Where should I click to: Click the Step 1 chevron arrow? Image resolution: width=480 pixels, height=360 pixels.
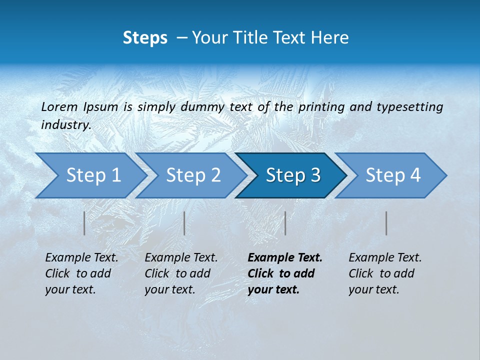pyautogui.click(x=90, y=175)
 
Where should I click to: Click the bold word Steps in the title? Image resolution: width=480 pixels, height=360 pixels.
pyautogui.click(x=145, y=37)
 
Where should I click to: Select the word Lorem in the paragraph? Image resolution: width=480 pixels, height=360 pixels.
pyautogui.click(x=59, y=106)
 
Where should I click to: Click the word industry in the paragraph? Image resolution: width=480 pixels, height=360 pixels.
pyautogui.click(x=65, y=125)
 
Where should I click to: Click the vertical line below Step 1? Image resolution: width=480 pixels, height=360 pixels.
pyautogui.click(x=84, y=223)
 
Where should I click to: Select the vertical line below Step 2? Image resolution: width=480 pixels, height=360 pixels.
pyautogui.click(x=184, y=223)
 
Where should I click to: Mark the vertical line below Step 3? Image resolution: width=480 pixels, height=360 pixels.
pyautogui.click(x=285, y=223)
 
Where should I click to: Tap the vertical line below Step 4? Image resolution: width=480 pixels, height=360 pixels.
pyautogui.click(x=386, y=223)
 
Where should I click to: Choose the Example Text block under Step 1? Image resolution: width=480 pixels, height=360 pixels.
pyautogui.click(x=81, y=273)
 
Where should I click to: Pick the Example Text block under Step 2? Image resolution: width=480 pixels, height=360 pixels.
pyautogui.click(x=181, y=273)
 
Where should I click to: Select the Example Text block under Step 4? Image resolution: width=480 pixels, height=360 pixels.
pyautogui.click(x=385, y=273)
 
